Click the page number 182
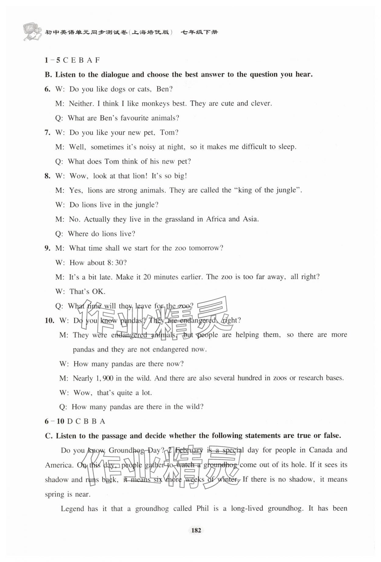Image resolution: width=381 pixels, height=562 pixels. [196, 530]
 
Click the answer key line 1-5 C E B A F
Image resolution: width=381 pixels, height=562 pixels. [72, 60]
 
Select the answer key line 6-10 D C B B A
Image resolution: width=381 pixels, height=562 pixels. [75, 421]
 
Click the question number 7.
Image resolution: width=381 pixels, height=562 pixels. [47, 133]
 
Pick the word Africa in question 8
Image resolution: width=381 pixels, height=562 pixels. [216, 219]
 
